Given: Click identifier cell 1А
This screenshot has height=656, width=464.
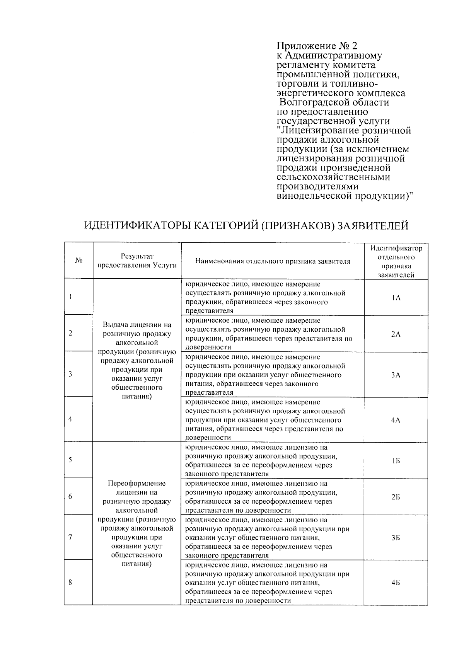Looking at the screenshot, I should [396, 297].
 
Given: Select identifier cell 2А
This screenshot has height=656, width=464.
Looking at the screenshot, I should [396, 334].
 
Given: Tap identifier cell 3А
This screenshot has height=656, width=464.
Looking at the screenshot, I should [396, 375].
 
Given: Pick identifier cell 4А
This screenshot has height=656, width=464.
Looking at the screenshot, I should [396, 420].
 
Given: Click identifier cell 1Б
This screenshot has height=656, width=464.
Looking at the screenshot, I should [396, 461].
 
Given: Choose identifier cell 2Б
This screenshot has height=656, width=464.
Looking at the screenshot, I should [396, 497].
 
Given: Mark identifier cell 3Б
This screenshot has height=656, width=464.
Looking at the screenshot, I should [396, 538].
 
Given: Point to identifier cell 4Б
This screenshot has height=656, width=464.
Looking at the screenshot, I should [396, 583].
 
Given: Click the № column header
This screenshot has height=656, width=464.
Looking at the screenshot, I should [78, 261].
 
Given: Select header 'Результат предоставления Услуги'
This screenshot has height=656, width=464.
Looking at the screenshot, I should [137, 261].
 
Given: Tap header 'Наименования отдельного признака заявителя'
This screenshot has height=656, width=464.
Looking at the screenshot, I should [273, 261].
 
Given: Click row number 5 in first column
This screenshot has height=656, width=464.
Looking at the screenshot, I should [70, 460].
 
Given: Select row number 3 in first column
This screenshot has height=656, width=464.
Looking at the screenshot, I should [70, 374].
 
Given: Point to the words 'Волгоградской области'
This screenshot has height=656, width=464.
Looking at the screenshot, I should [334, 102].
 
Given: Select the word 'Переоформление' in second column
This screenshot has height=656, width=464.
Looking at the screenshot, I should [136, 484].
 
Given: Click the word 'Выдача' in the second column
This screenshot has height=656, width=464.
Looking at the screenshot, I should [116, 325].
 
